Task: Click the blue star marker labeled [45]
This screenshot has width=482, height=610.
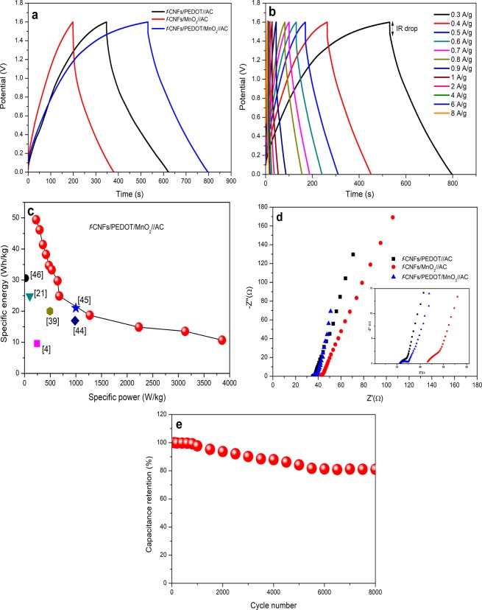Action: click(x=76, y=308)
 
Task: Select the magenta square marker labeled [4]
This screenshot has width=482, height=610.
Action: click(x=37, y=343)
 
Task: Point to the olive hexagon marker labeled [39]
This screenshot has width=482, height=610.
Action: click(x=50, y=311)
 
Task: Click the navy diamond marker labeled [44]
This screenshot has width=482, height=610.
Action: click(x=75, y=320)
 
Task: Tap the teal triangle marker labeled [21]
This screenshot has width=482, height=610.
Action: click(x=29, y=297)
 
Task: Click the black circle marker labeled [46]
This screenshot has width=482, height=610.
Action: click(x=25, y=278)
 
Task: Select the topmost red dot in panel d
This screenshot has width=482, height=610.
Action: click(x=392, y=217)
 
